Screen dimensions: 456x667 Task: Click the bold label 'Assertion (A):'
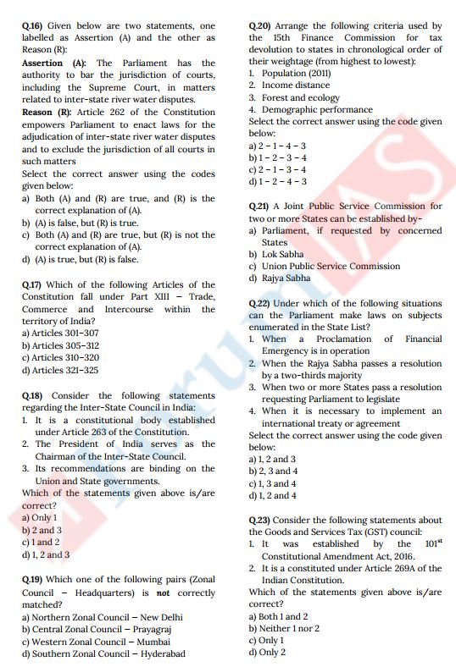click(x=53, y=63)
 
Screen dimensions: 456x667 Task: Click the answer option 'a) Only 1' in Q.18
click(x=40, y=517)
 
